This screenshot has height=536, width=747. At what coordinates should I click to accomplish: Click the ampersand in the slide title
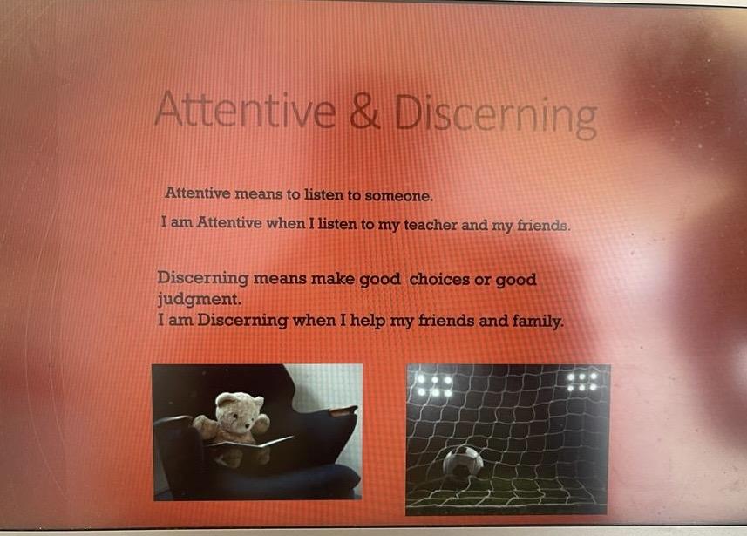(365, 112)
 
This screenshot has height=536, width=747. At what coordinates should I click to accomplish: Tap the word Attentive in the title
(245, 109)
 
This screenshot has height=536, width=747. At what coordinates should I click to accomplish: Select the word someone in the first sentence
(398, 196)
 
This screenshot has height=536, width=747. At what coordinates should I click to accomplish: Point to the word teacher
(431, 224)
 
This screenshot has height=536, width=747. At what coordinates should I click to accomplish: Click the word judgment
(199, 300)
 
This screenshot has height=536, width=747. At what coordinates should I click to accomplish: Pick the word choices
(439, 279)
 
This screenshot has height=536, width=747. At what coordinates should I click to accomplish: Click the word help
(367, 321)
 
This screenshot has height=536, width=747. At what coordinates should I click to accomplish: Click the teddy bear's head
(239, 410)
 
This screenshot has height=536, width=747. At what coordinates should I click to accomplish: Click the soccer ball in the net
(463, 462)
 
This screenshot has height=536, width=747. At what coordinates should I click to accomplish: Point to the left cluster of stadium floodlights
(434, 385)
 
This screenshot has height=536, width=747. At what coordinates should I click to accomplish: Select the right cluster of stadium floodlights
(582, 382)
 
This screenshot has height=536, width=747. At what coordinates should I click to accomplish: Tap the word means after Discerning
(280, 278)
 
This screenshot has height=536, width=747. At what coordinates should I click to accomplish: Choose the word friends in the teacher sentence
(544, 226)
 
